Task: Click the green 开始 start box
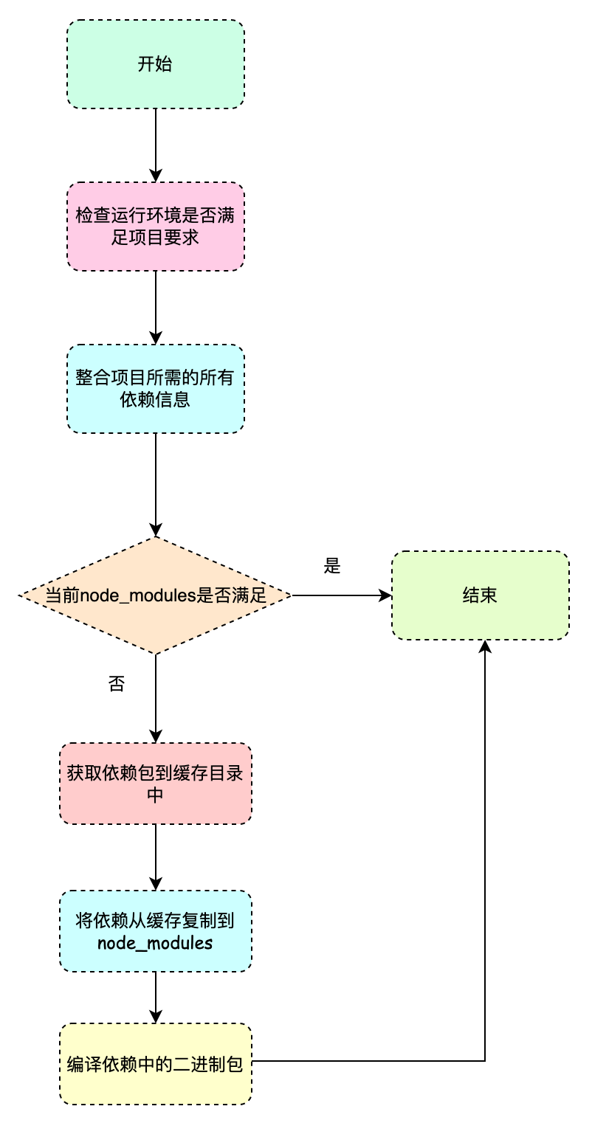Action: coord(155,64)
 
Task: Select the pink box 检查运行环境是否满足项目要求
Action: coord(155,227)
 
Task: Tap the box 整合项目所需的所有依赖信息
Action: coord(155,389)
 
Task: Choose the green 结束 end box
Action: coord(480,595)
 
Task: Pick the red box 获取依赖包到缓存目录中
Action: coord(155,784)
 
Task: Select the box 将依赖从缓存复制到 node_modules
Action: coord(155,931)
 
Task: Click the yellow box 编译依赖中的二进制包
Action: coord(155,1064)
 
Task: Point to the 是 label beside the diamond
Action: coord(332,566)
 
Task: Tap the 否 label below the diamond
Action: coord(116,684)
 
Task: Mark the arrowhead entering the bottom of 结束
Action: coord(485,646)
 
